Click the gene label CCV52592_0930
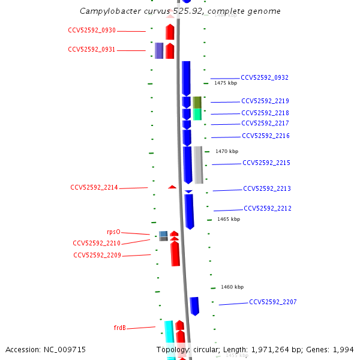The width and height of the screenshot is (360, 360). point(92,31)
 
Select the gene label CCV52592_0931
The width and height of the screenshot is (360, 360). point(92,49)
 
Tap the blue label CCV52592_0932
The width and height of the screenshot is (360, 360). point(265,77)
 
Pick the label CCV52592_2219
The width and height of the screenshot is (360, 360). point(265,101)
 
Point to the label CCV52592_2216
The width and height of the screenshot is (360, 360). point(266,136)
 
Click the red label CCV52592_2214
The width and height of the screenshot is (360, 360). point(94,187)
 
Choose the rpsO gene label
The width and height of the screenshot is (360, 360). point(113,232)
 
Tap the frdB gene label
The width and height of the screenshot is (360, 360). point(120,328)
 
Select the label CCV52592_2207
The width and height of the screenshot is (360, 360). point(273,302)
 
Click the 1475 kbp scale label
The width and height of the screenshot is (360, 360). point(226,83)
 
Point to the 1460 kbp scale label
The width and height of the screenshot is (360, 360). point(232,287)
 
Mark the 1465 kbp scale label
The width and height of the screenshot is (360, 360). point(229,219)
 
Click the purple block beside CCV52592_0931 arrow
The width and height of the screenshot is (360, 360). point(159,50)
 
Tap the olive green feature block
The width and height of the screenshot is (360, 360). point(197,103)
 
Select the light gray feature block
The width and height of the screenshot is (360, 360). point(199,165)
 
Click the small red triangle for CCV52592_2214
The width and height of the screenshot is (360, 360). point(172,187)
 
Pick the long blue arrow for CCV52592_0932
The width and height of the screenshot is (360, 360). point(186,79)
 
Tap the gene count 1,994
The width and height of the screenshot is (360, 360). point(343,350)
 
